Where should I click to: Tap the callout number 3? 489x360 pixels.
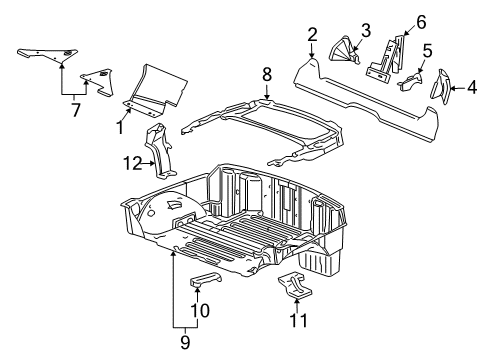(x=366, y=28)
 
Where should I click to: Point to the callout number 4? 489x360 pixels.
(x=473, y=88)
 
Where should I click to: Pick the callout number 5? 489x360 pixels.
(x=427, y=49)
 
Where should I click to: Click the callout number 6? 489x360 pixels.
(x=421, y=20)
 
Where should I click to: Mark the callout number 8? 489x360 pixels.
(x=267, y=73)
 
